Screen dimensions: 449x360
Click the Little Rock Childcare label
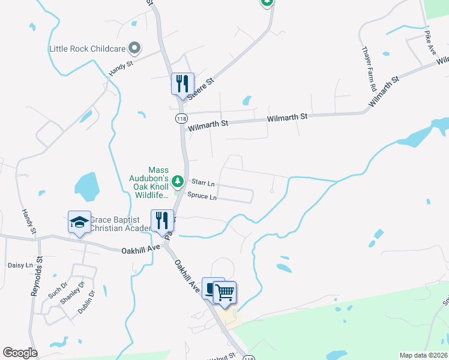[87, 47]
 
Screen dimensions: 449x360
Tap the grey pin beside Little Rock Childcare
[134, 47]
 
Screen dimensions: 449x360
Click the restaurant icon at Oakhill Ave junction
[161, 221]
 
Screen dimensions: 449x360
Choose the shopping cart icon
[224, 293]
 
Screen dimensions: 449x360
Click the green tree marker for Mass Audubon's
[177, 180]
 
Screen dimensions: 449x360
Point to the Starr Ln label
[203, 182]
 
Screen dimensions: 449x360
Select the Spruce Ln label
[202, 196]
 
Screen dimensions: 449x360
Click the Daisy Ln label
[19, 265]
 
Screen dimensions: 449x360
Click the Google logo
[20, 353]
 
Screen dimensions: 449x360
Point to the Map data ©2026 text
[424, 355]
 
